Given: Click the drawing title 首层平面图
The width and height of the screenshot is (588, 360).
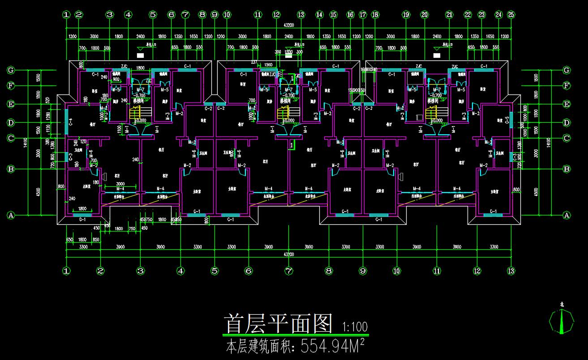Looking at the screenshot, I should click(279, 324).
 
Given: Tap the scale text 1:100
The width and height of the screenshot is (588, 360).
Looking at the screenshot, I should click(355, 326).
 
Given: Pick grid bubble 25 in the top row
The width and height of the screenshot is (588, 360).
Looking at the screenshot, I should click(511, 14).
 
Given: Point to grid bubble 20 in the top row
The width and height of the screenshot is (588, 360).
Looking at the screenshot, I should click(424, 14).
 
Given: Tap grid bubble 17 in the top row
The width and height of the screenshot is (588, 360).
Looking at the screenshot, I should click(363, 14).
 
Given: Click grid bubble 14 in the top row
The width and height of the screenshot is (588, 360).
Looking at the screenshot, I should click(319, 14).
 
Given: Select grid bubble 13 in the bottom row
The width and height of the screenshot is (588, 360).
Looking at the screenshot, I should click(511, 271).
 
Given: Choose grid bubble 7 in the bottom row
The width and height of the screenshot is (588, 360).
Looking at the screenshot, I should click(289, 271).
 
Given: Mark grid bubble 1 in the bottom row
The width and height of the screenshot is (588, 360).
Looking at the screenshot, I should click(67, 271).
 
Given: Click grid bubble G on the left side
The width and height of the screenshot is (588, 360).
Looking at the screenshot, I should click(11, 70).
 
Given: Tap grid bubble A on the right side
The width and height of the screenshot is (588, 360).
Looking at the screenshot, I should click(567, 215).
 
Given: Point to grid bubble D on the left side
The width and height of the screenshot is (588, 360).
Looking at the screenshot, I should click(11, 123).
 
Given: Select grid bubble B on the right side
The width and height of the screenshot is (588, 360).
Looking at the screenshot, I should click(567, 169).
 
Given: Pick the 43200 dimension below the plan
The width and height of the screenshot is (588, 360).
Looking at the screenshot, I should click(289, 254).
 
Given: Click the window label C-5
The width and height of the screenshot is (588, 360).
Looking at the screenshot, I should click(507, 120).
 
